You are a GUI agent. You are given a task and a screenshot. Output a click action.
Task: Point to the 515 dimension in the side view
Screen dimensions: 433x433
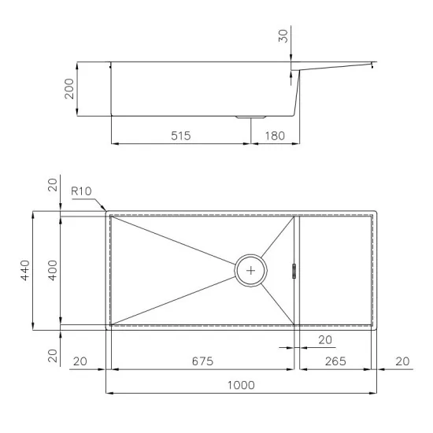181,136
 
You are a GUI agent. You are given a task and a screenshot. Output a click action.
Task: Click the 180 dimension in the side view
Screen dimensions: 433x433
275,136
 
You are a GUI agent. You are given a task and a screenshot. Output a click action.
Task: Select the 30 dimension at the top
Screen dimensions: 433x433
284,35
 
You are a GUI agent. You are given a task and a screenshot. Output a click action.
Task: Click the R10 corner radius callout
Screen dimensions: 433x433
80,191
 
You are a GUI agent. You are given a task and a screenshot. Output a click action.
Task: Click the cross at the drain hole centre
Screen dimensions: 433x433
251,269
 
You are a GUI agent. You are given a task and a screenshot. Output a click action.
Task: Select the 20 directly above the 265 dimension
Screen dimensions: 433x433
324,340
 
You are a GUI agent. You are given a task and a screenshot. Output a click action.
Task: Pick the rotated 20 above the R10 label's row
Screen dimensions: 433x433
52,185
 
